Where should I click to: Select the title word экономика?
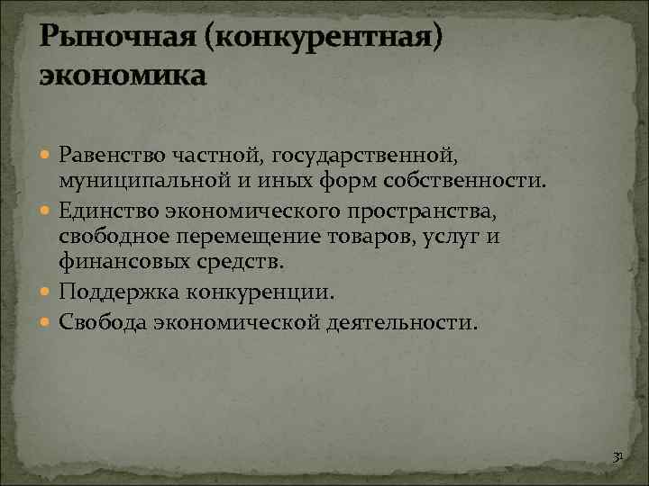[123, 75]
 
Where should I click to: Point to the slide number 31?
[617, 457]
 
